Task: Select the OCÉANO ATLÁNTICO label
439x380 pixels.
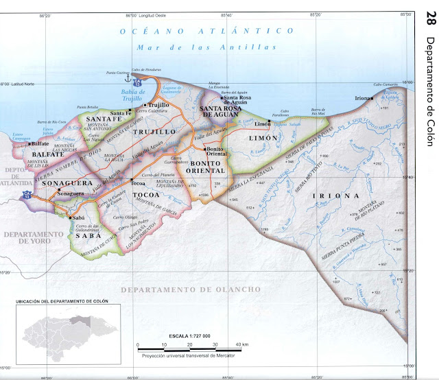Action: pos(202,31)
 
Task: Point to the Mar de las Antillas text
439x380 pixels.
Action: pos(206,47)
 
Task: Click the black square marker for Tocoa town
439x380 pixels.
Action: pos(130,180)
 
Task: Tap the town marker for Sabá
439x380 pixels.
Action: pos(71,217)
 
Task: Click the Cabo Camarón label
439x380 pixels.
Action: pos(385,84)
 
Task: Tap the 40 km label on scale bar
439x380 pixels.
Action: pos(242,344)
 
